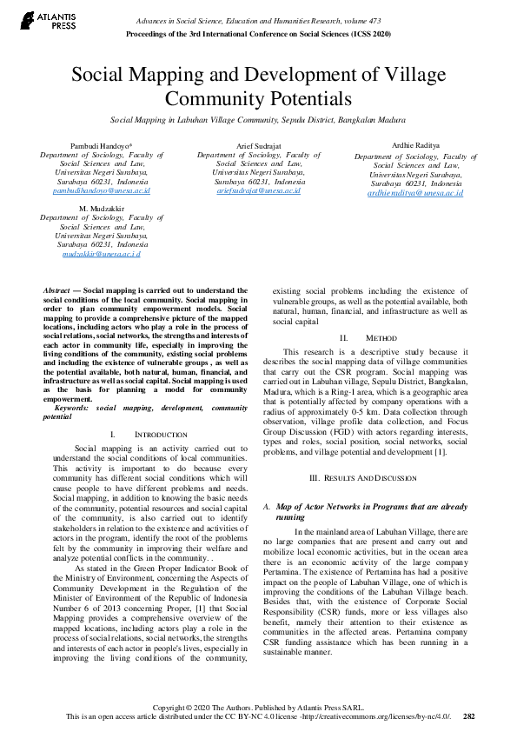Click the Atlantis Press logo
pyautogui.click(x=43, y=20)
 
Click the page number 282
pyautogui.click(x=469, y=716)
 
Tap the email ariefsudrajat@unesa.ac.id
pyautogui.click(x=258, y=190)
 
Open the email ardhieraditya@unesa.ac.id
pyautogui.click(x=415, y=193)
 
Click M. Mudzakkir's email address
pyautogui.click(x=101, y=254)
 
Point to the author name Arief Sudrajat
pyautogui.click(x=258, y=144)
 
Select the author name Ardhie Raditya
pyautogui.click(x=415, y=146)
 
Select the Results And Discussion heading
pyautogui.click(x=369, y=478)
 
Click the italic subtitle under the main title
pyautogui.click(x=258, y=119)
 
